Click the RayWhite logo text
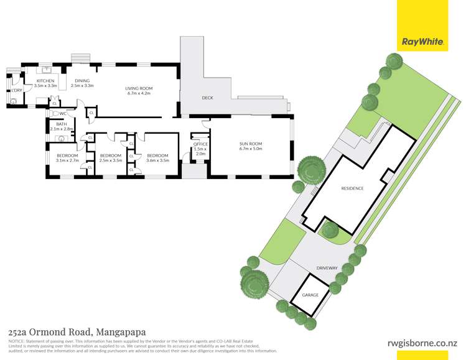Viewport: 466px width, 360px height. click(x=423, y=42)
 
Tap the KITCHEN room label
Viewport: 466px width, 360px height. click(x=45, y=81)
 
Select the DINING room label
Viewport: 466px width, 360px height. click(x=82, y=81)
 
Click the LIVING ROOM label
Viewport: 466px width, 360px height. click(x=139, y=88)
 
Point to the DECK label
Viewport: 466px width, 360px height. click(x=208, y=98)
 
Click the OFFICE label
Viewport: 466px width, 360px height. click(x=200, y=144)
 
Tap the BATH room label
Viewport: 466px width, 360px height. click(x=61, y=124)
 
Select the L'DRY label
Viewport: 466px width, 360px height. click(x=17, y=91)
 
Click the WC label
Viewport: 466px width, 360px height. click(x=63, y=114)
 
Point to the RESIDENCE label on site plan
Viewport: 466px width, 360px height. click(x=352, y=188)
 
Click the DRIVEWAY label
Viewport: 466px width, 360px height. click(x=327, y=268)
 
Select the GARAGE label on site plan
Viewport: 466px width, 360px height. click(x=310, y=295)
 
